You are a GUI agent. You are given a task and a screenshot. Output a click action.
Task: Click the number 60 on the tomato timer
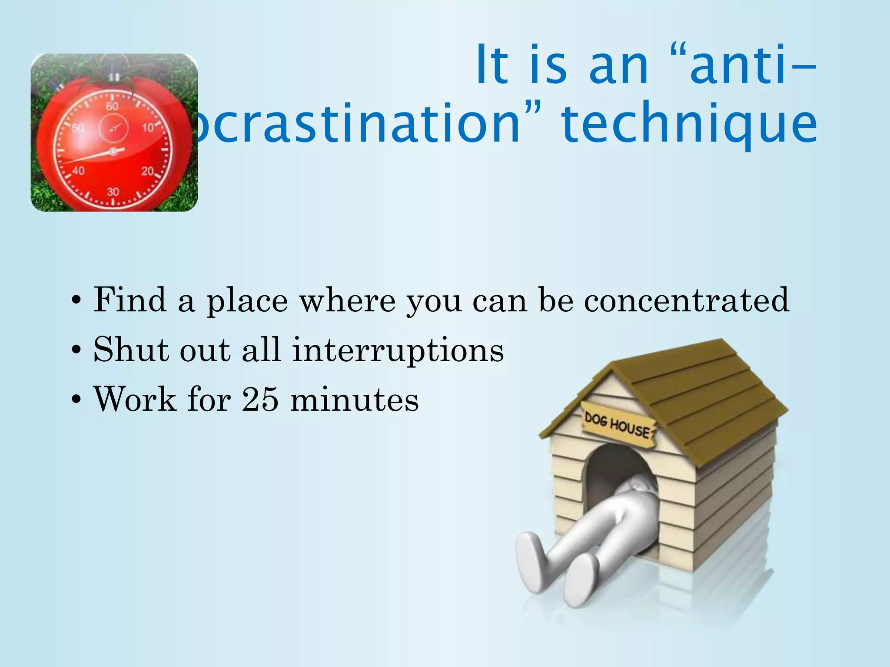pyautogui.click(x=112, y=106)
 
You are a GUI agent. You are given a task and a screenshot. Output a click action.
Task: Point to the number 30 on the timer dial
pyautogui.click(x=113, y=192)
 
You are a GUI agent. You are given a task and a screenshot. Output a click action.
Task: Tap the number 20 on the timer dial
pyautogui.click(x=147, y=171)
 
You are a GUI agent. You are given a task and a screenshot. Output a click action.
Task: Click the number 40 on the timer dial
pyautogui.click(x=78, y=171)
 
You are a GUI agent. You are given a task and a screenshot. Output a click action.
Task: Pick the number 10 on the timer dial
pyautogui.click(x=148, y=128)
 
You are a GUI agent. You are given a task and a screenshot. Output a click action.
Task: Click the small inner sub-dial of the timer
pyautogui.click(x=114, y=128)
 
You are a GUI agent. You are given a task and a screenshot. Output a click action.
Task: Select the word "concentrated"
pyautogui.click(x=686, y=300)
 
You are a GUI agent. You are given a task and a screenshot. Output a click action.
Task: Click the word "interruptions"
pyautogui.click(x=398, y=350)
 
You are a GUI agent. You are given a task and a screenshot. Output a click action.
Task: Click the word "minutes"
pyautogui.click(x=355, y=399)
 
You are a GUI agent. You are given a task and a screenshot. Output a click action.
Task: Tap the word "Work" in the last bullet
pyautogui.click(x=135, y=399)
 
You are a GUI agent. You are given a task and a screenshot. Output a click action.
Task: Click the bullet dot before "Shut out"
pyautogui.click(x=77, y=350)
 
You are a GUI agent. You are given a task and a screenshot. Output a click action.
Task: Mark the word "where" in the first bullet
pyautogui.click(x=347, y=300)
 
